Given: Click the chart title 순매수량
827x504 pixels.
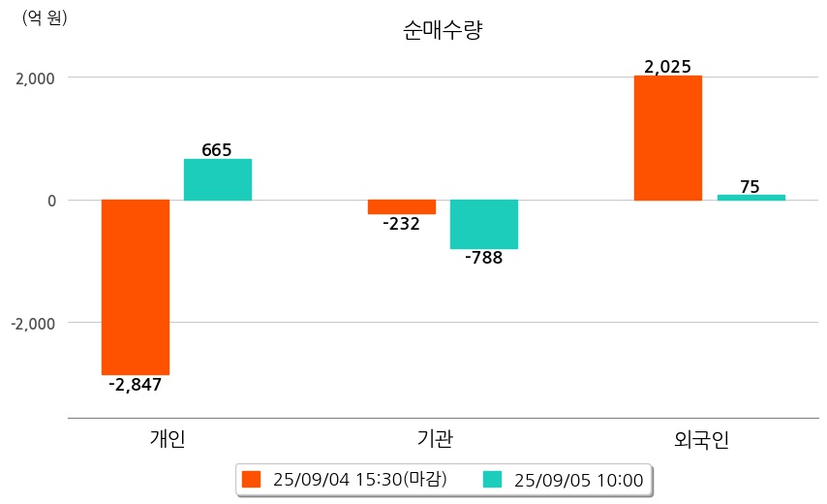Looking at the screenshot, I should click(443, 30).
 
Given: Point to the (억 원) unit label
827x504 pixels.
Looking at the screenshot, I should click(45, 18).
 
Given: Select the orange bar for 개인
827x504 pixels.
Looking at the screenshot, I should click(136, 287).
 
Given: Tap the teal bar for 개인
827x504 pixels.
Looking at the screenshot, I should click(218, 180).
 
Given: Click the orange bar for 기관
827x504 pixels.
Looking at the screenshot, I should click(402, 206).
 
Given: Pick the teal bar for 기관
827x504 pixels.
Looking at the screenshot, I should click(484, 224).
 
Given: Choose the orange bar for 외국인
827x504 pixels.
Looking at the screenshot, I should click(668, 139).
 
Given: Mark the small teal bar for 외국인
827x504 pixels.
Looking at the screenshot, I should click(751, 198).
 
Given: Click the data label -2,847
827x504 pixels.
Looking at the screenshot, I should click(135, 385).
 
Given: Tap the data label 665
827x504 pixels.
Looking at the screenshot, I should click(217, 150).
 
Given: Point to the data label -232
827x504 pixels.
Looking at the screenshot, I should click(401, 224).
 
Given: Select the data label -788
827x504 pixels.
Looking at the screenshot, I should click(484, 259).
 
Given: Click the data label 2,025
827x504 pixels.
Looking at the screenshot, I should click(667, 67).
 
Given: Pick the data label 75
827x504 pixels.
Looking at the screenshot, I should click(750, 186).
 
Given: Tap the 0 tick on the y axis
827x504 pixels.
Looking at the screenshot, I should click(51, 201).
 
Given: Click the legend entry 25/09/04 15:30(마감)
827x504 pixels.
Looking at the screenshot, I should click(345, 480).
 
